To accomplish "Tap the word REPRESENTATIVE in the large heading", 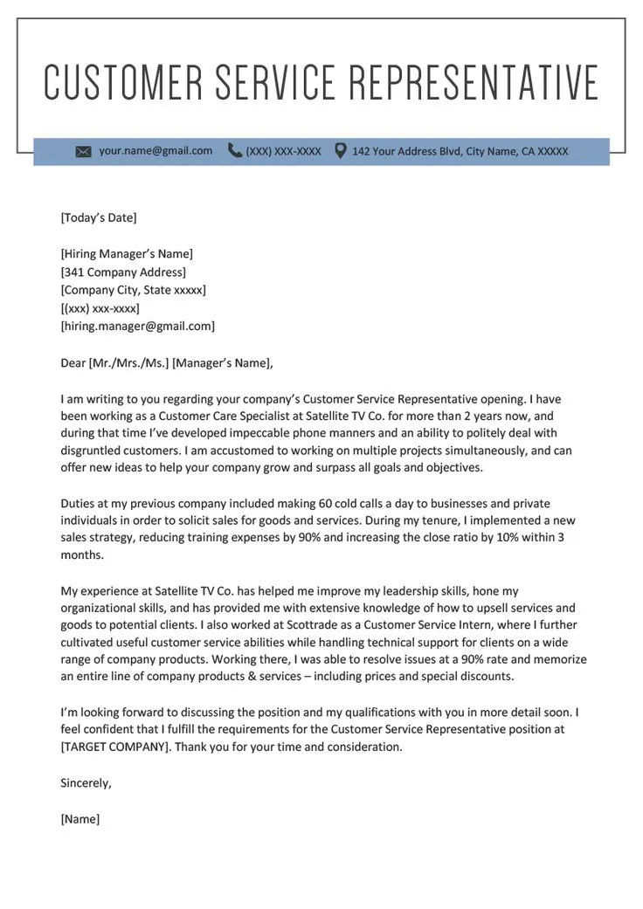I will tap(474, 82).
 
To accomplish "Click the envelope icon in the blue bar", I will tap(83, 152).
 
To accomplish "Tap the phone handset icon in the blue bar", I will tap(234, 151).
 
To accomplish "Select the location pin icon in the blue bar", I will tap(340, 151).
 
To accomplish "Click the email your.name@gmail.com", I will tap(156, 151).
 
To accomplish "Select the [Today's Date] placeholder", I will tap(99, 217).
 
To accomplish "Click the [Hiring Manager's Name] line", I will tap(127, 254).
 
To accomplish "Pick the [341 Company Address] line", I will tap(123, 272).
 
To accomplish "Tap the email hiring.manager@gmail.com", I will tap(138, 327).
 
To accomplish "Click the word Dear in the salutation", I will tap(73, 362).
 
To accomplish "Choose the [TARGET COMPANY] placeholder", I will tap(114, 747).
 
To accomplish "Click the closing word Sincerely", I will tap(86, 783).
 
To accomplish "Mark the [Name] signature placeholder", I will tap(80, 819).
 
